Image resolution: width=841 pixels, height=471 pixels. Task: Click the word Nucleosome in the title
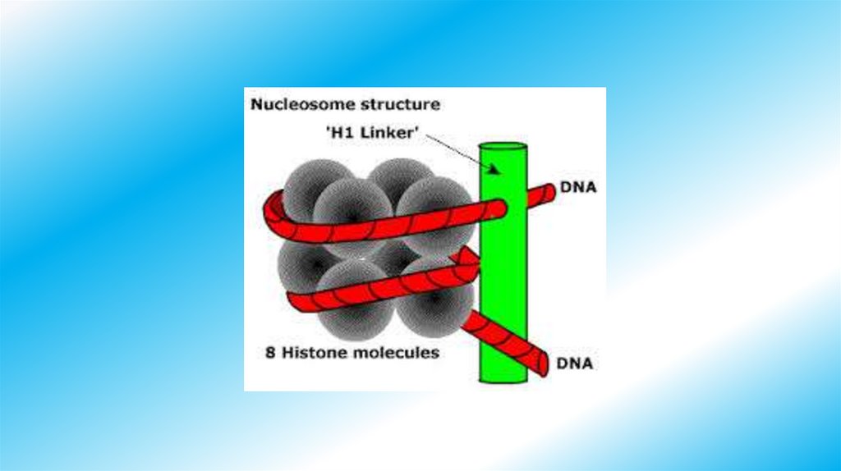click(x=292, y=105)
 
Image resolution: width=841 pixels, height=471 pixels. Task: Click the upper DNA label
click(x=578, y=187)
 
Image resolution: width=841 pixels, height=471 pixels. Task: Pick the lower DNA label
click(x=576, y=362)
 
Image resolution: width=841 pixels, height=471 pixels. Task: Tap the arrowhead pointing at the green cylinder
click(x=495, y=169)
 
